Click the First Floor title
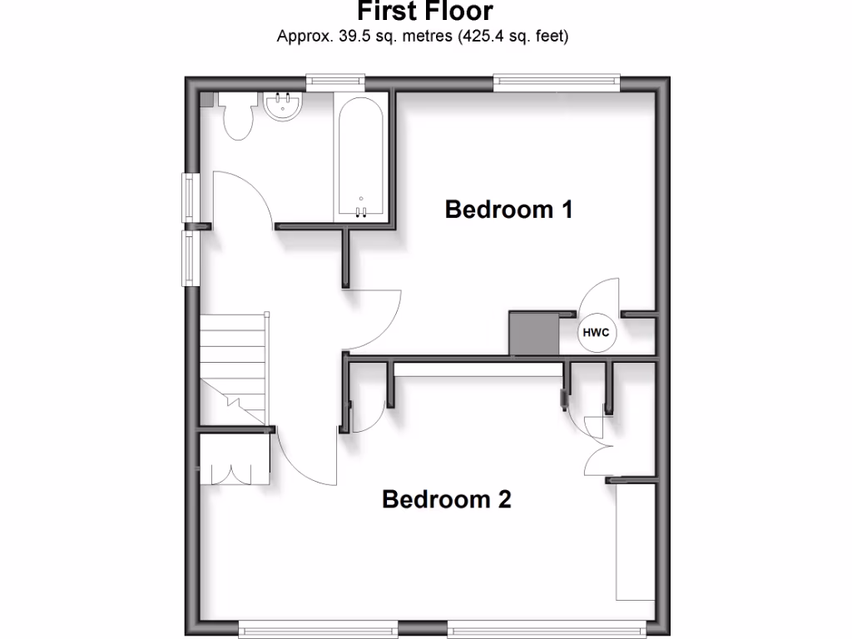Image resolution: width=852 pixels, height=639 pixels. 425,12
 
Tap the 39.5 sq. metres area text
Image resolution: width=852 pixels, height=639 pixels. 423,37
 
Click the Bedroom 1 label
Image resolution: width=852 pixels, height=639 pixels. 508,209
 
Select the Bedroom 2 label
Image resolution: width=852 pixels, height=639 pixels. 446,499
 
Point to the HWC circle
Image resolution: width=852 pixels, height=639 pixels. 596,333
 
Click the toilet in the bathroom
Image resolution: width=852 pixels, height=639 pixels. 237,116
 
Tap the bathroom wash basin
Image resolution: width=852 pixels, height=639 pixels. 283,106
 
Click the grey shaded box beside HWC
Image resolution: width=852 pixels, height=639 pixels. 533,334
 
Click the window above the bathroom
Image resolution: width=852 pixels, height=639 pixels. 334,81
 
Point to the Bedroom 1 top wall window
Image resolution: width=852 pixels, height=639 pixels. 557,81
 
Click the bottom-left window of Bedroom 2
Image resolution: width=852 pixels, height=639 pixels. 317,630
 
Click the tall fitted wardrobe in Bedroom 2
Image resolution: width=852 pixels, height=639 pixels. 634,542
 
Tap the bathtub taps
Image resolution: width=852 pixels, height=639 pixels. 361,211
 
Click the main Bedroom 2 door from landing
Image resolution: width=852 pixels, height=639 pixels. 304,462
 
